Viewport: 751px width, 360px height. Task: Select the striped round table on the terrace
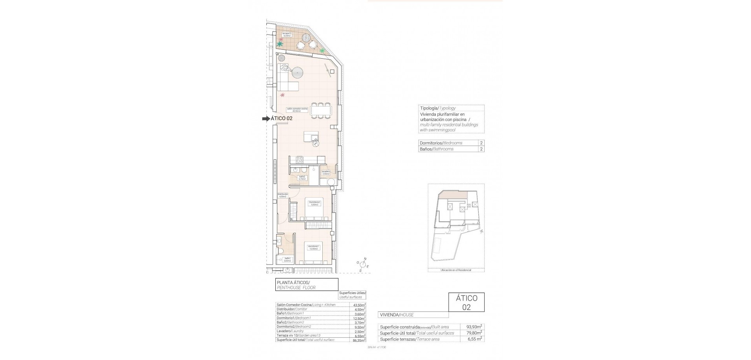tap(306, 38)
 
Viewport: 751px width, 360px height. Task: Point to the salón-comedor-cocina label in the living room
tap(297, 110)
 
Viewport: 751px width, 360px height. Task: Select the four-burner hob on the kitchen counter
tap(300, 160)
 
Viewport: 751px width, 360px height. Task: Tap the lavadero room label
tap(326, 173)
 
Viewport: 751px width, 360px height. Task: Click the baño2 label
tap(302, 178)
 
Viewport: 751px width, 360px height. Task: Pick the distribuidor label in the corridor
tap(283, 195)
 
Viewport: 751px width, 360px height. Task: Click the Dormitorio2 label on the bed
tap(315, 203)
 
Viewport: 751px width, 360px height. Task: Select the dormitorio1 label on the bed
tap(314, 247)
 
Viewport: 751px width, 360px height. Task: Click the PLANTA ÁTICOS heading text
tap(293, 283)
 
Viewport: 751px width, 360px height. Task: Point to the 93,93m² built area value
tap(474, 326)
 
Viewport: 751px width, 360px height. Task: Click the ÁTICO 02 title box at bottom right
tap(466, 302)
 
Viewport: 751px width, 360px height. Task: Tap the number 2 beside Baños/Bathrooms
tap(482, 149)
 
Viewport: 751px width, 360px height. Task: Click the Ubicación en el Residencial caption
tap(456, 270)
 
